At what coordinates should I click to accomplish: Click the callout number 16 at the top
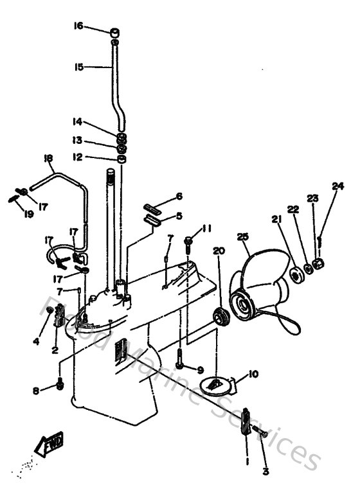coord(78,26)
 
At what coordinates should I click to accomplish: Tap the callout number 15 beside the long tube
coord(78,66)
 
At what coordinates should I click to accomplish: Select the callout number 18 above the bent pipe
coord(48,158)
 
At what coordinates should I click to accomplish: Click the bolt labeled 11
coord(189,243)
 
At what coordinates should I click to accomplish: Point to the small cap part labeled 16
coord(114,31)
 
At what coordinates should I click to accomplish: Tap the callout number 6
coord(179,196)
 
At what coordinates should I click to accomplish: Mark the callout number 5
coord(179,216)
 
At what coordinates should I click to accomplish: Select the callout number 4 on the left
coord(36,341)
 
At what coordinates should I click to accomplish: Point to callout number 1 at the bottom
coord(246,461)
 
